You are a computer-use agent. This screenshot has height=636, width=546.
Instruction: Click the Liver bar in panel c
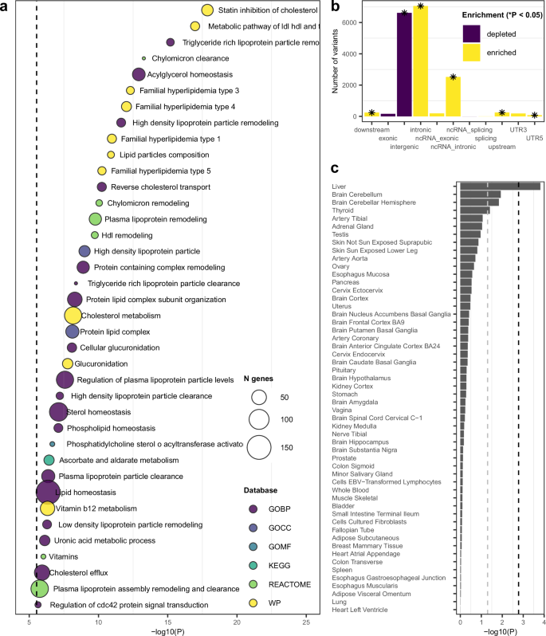point(500,186)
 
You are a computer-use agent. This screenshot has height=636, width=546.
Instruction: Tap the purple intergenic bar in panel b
point(404,65)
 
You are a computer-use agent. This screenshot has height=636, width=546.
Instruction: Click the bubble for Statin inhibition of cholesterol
point(207,10)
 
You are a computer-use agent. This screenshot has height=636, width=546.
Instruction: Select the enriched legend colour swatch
point(473,52)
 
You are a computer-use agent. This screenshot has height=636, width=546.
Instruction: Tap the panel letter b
point(336,6)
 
